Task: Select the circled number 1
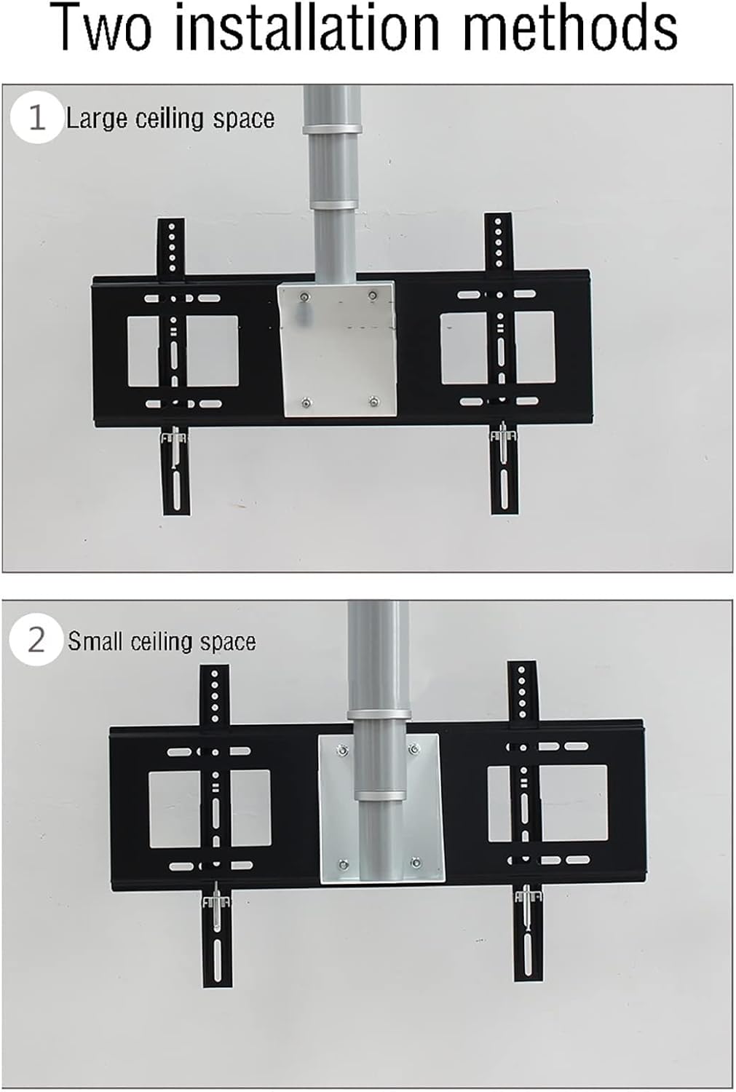pos(36,117)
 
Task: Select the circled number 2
pos(36,640)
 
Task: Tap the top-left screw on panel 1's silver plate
pos(304,296)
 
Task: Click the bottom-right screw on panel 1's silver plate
pos(374,401)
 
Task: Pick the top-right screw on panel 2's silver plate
pos(414,749)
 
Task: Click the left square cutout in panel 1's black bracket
pos(183,350)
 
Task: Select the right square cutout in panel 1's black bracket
pos(497,348)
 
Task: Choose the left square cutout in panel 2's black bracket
pos(210,808)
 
